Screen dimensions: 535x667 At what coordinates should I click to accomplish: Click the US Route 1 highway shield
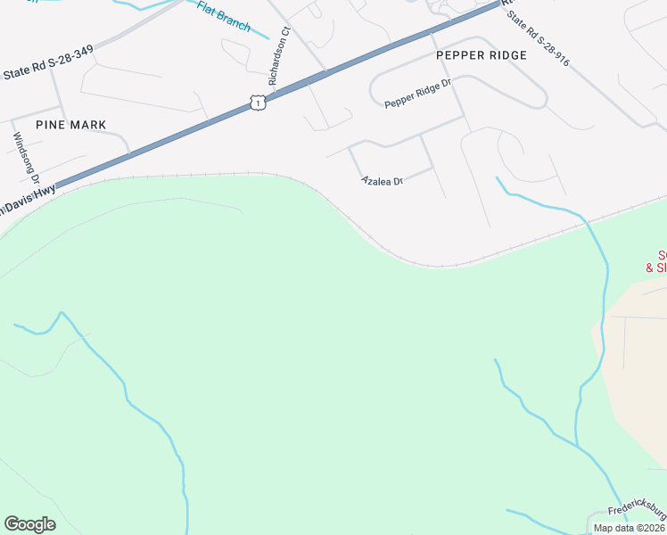258,103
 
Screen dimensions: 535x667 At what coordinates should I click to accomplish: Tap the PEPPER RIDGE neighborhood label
482,55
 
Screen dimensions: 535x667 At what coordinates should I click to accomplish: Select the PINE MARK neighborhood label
71,125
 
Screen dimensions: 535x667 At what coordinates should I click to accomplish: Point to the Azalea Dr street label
383,181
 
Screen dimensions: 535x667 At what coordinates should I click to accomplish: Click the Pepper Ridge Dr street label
418,97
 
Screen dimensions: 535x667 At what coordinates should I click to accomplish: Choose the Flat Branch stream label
224,18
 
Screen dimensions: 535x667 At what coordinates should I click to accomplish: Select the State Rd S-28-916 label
546,45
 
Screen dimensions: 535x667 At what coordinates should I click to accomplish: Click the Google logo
29,524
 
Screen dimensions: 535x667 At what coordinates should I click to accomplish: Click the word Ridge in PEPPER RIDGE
506,55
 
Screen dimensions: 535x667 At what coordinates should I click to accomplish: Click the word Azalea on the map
376,181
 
